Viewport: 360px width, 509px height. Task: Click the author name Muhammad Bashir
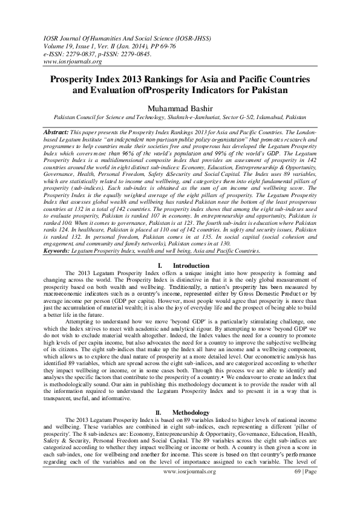(180, 108)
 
